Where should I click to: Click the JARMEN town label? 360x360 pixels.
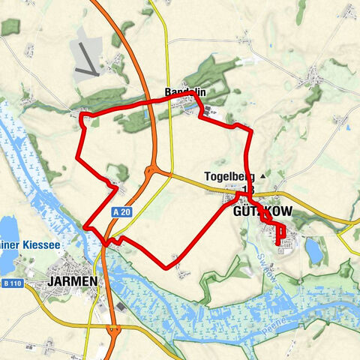71,280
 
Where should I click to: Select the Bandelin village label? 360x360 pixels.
185,92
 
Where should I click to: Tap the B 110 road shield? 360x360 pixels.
11,283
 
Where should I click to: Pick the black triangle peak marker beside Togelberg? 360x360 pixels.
262,176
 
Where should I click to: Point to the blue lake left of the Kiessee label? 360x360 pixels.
7,228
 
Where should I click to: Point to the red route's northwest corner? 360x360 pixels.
81,115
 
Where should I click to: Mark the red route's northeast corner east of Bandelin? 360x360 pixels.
249,130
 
